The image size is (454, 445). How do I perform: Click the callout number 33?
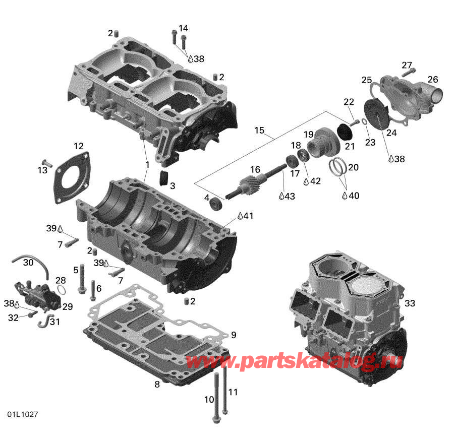click(x=410, y=303)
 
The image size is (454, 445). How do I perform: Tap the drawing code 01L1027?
click(x=23, y=414)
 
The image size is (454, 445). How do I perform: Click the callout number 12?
click(x=78, y=146)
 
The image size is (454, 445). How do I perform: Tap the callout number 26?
click(x=433, y=79)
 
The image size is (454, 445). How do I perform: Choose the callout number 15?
click(x=259, y=131)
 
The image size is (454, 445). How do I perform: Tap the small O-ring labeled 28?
click(x=61, y=290)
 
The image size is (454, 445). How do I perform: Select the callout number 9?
click(x=233, y=335)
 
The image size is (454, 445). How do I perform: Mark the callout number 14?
click(x=183, y=28)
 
